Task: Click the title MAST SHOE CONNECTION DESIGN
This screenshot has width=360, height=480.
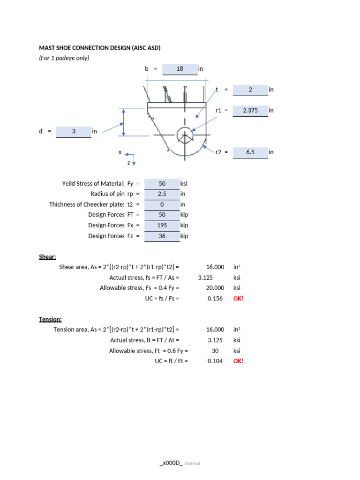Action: coord(99,48)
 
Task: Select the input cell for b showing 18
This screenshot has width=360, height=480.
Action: coord(180,69)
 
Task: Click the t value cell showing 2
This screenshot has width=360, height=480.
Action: coord(250,90)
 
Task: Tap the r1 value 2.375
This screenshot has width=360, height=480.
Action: coord(250,111)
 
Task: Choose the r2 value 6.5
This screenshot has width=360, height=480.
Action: coord(250,152)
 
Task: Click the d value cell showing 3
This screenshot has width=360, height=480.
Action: coord(74,132)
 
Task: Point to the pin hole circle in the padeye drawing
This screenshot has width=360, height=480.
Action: coord(185,135)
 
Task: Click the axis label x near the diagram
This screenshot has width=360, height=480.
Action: coord(120,152)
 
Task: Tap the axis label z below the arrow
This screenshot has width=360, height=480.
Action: coord(128,163)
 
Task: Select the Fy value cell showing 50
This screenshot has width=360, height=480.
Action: coord(162,184)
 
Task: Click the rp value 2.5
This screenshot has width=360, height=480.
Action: coord(162,194)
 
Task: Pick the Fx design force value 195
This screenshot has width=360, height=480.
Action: coord(162,225)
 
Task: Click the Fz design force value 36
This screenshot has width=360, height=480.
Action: coord(162,236)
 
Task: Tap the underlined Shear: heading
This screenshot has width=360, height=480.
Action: coord(47,257)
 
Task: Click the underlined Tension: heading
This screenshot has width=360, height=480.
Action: coord(50,320)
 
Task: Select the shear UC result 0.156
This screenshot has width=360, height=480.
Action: coord(215,299)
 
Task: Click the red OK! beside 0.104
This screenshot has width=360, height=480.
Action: coord(239,361)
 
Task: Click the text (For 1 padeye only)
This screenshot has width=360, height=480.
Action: coord(64,58)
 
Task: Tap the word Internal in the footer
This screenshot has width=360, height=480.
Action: coord(192,464)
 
